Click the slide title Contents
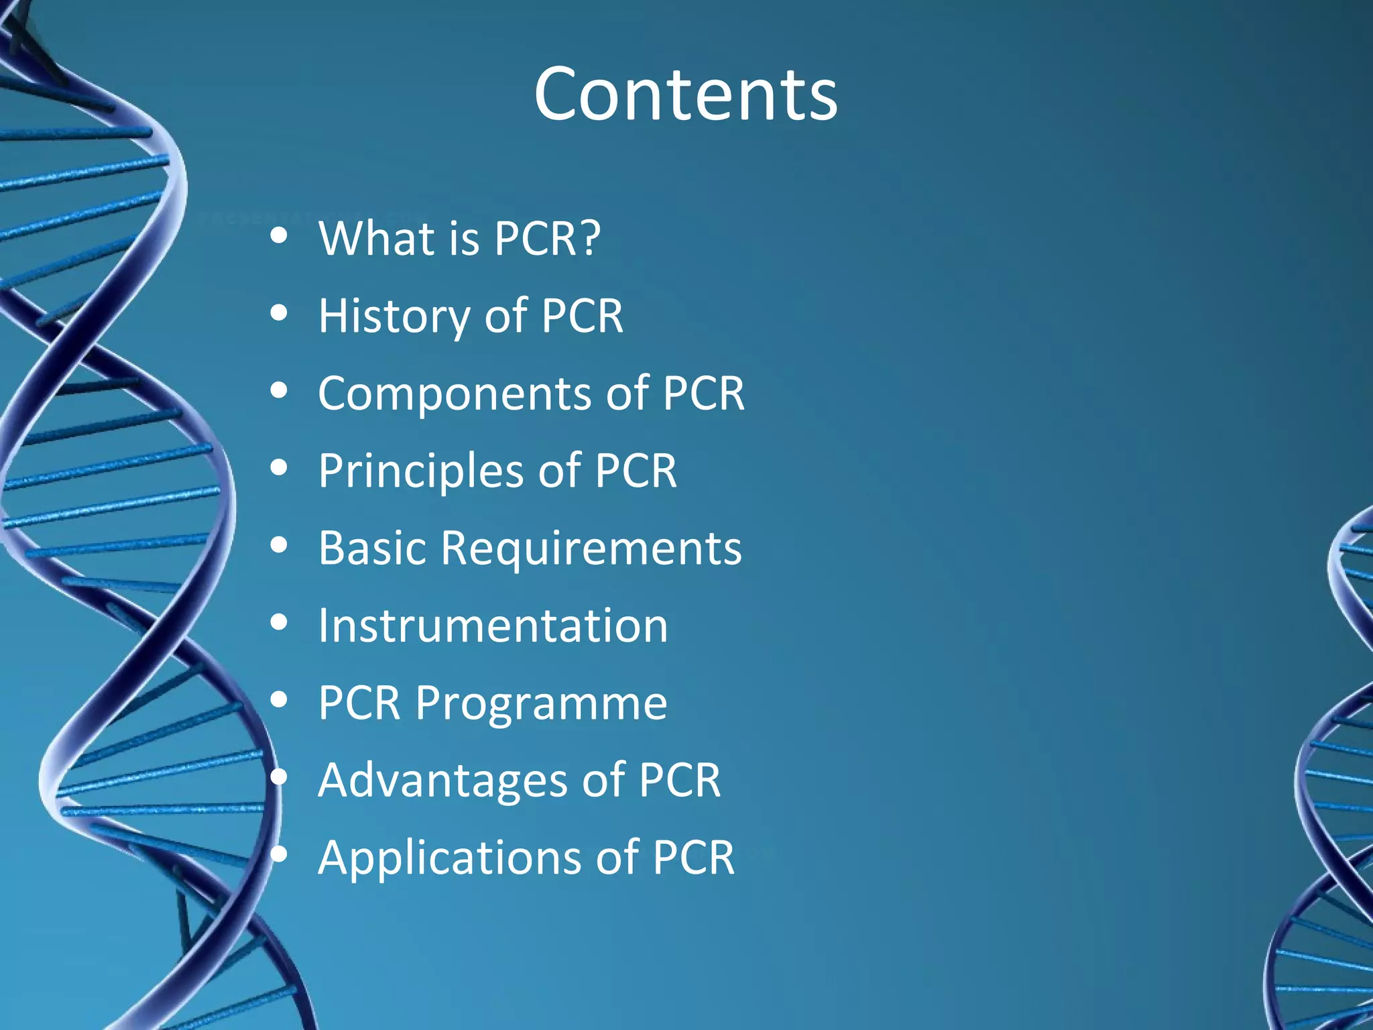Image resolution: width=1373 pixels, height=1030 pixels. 685,95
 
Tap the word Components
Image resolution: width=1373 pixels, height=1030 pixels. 455,394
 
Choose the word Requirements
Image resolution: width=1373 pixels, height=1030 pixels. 591,549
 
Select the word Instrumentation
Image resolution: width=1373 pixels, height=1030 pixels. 493,626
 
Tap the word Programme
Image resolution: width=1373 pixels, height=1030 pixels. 541,704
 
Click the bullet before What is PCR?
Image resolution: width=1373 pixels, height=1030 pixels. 279,236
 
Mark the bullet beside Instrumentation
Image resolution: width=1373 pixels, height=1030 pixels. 279,623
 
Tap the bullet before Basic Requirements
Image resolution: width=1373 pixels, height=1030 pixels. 279,546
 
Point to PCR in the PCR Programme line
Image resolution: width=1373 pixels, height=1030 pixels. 359,703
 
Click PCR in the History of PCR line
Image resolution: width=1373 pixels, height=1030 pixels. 582,316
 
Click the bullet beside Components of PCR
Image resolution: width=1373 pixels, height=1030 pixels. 279,391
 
